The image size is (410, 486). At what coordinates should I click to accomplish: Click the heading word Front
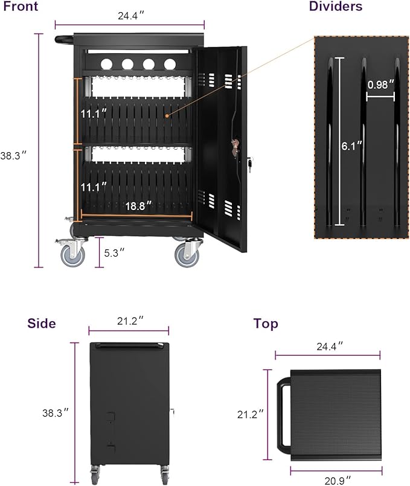click(x=21, y=7)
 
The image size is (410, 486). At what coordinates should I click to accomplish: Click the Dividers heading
click(x=336, y=7)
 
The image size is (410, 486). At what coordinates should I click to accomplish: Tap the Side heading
click(x=42, y=324)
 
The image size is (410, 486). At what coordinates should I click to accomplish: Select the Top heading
click(x=266, y=324)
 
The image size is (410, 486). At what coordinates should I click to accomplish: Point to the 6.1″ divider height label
click(x=351, y=145)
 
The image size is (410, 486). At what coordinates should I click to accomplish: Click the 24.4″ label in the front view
click(x=128, y=16)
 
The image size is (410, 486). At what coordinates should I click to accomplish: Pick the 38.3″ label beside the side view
click(x=55, y=414)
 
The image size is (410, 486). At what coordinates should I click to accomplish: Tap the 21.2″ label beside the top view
click(x=251, y=414)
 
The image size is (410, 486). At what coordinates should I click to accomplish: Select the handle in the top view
click(x=282, y=414)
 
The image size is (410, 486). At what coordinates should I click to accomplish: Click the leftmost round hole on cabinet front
click(x=106, y=63)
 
